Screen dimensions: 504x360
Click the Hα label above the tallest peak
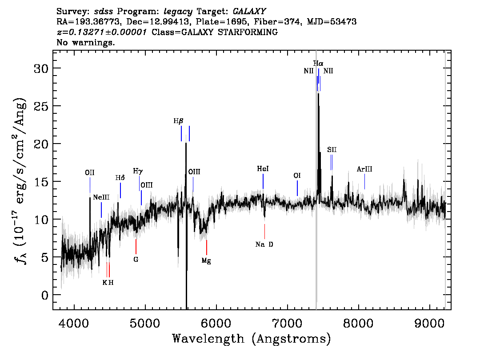(318, 64)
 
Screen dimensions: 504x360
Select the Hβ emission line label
(178, 121)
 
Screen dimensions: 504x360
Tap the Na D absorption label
(264, 244)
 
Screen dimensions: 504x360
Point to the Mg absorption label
(206, 261)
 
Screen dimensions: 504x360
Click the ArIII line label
(364, 169)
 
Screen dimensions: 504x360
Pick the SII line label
(332, 149)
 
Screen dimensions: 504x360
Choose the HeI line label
(263, 169)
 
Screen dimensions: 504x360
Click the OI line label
(297, 176)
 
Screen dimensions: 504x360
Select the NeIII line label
(101, 197)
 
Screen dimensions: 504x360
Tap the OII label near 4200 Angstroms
(90, 172)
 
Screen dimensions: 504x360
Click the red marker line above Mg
(206, 248)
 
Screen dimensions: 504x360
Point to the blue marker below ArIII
(364, 182)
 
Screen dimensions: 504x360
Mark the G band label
(136, 259)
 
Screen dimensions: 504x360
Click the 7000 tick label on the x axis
(287, 323)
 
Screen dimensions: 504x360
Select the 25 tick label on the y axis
(41, 106)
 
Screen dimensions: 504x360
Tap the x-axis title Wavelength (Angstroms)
(252, 339)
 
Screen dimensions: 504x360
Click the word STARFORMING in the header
(248, 32)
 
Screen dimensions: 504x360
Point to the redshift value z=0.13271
(102, 32)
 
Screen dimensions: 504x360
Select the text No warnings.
(85, 42)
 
